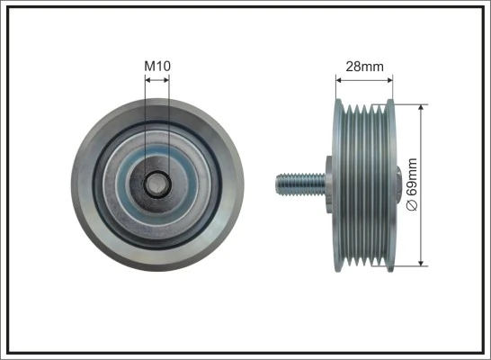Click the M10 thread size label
click(156, 65)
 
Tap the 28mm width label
click(363, 65)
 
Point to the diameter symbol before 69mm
click(413, 206)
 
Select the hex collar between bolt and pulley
click(327, 184)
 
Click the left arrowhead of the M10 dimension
click(147, 79)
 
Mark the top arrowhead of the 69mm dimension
click(422, 106)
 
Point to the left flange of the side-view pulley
click(337, 184)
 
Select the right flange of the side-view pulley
click(389, 184)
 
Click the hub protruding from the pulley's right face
click(397, 184)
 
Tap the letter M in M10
click(149, 65)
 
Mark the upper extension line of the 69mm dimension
click(409, 103)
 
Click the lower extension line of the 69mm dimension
click(409, 266)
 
